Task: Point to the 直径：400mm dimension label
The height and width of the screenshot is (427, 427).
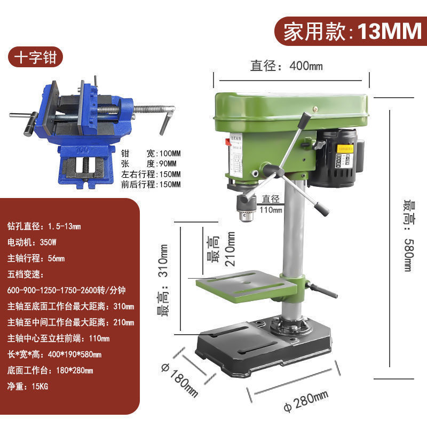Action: point(287,66)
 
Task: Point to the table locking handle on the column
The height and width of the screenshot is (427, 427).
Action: point(322,291)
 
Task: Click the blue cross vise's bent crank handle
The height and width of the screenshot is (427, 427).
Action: point(167,118)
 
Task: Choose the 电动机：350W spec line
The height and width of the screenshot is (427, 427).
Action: point(33,242)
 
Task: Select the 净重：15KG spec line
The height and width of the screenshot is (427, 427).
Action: point(28,386)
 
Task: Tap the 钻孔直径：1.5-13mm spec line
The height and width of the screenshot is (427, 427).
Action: point(44,226)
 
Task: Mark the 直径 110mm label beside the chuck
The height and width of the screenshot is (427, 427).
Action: point(271,203)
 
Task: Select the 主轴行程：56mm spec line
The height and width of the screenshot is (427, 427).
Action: point(36,258)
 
